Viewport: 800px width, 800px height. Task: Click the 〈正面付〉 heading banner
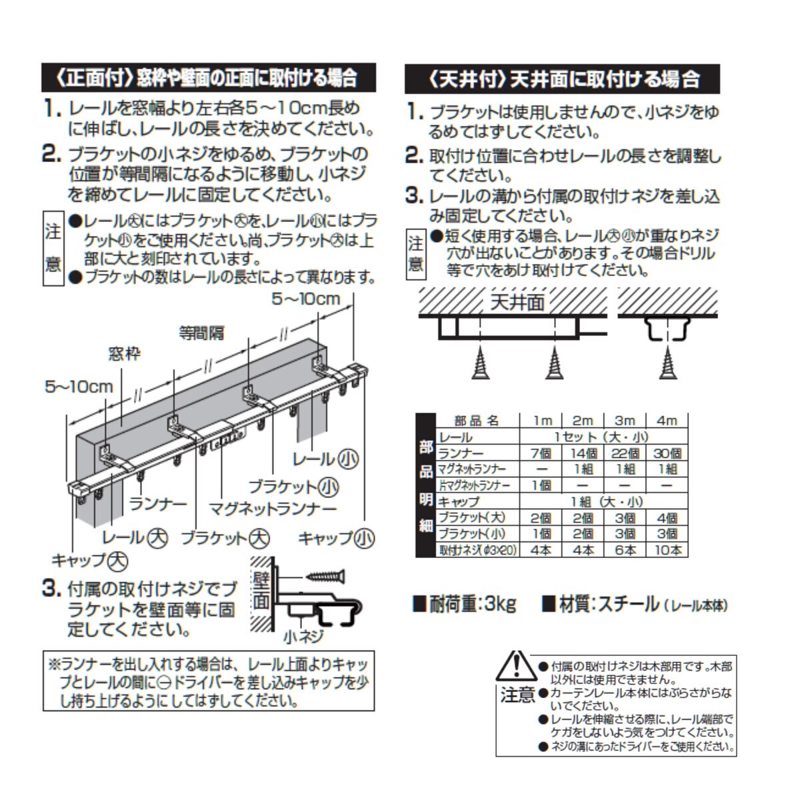point(208,78)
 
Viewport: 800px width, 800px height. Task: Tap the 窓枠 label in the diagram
point(125,353)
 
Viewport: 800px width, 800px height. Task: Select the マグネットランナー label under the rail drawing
point(273,509)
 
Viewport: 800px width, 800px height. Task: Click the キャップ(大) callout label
point(89,559)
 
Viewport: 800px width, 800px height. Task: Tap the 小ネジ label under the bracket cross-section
point(303,636)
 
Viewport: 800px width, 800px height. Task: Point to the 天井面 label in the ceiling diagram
point(517,302)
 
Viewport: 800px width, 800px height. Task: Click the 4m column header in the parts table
point(666,420)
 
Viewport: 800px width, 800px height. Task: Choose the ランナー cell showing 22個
point(625,453)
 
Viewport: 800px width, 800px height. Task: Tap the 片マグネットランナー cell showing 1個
point(541,485)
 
